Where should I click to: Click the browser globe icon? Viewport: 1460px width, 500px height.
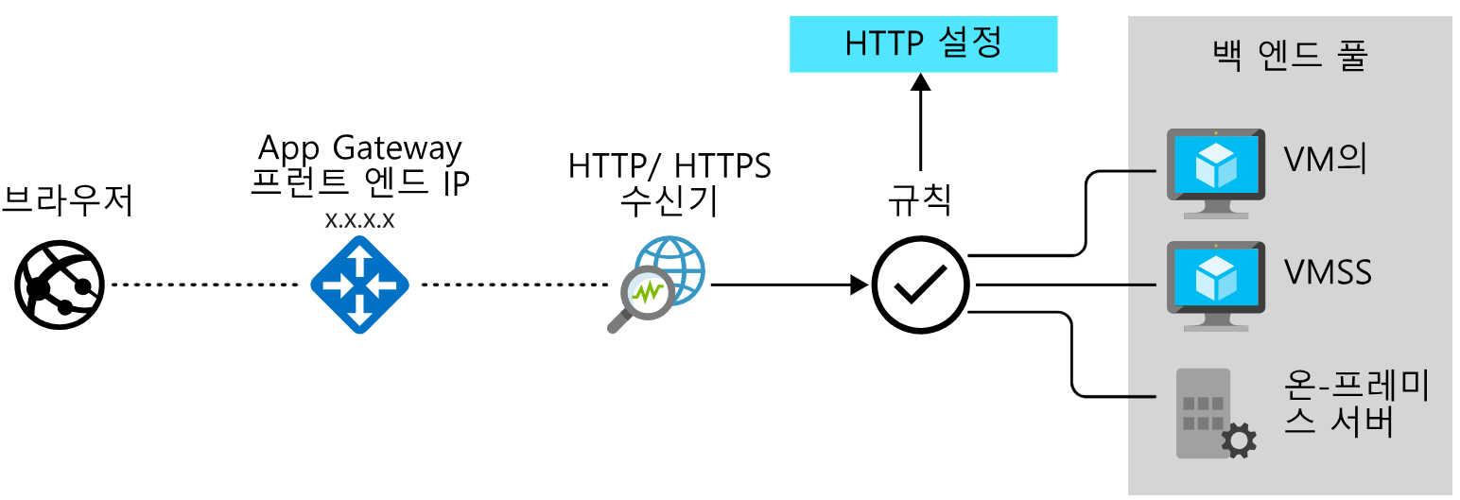point(59,284)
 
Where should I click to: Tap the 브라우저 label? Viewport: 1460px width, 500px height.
point(67,201)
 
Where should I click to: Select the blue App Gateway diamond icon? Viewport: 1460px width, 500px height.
point(359,284)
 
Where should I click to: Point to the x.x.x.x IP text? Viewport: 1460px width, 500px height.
point(359,220)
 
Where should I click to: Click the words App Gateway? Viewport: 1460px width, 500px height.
point(360,147)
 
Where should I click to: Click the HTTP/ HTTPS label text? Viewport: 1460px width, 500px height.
point(669,166)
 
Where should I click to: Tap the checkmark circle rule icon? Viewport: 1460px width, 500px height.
point(919,284)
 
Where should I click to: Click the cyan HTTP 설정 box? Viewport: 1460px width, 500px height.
point(923,44)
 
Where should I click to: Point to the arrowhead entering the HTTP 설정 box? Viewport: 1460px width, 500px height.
point(920,82)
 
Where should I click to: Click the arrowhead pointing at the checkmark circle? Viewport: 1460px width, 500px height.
point(860,284)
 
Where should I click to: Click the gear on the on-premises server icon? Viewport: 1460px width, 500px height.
point(1239,439)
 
